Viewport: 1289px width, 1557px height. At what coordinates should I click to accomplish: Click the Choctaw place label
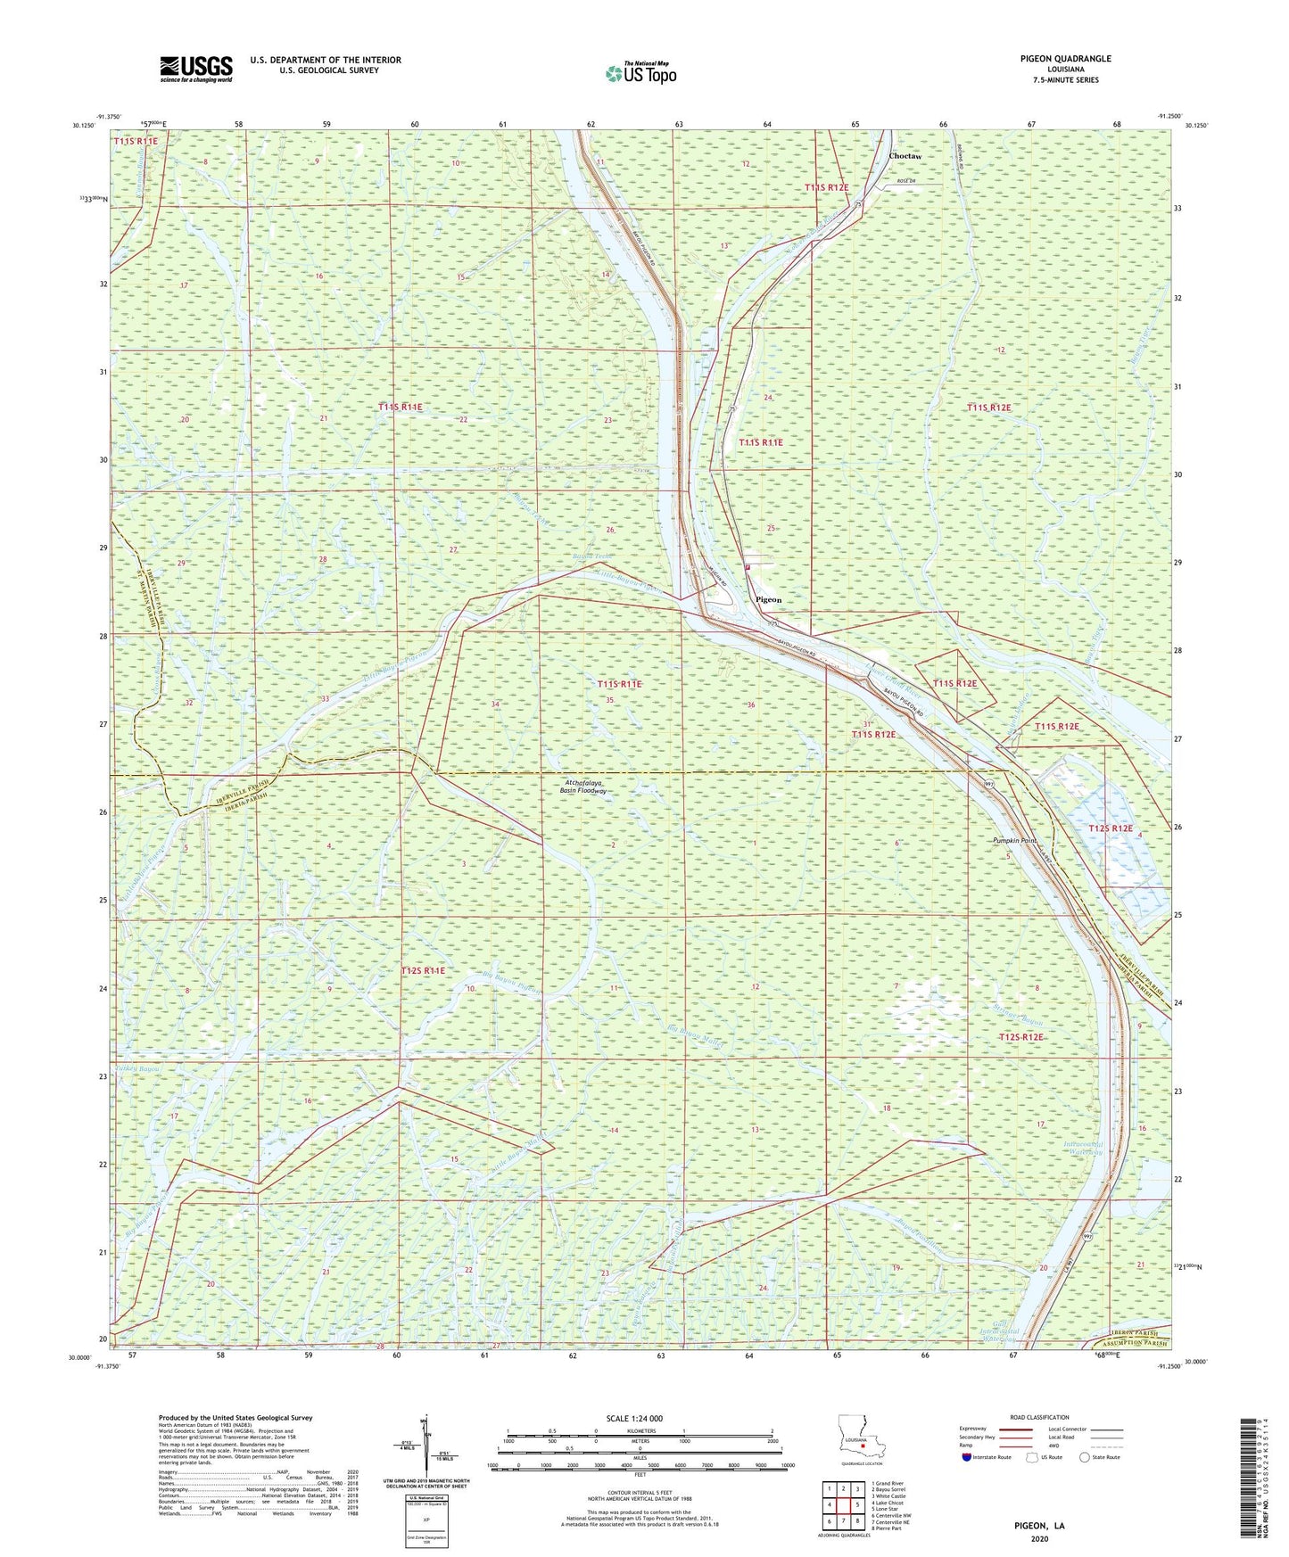pyautogui.click(x=905, y=156)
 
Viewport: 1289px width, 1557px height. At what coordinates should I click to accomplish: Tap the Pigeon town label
pyautogui.click(x=768, y=600)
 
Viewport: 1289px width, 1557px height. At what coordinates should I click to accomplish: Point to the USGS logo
pyautogui.click(x=196, y=69)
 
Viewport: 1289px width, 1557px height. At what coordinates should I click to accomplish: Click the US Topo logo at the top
pyautogui.click(x=640, y=73)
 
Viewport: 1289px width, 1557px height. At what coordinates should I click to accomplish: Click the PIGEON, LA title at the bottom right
pyautogui.click(x=1039, y=1526)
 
